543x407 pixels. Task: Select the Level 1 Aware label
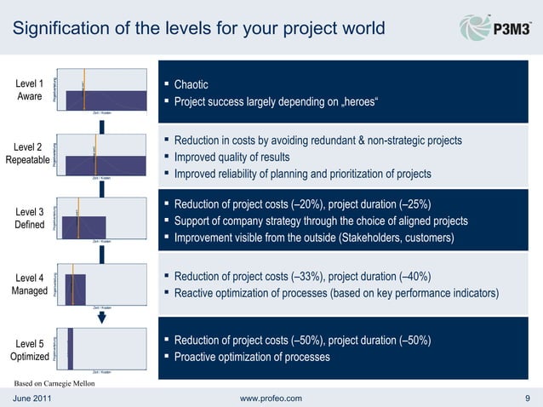[x=30, y=90]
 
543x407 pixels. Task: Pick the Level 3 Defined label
[x=30, y=218]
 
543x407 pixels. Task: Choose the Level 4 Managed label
[x=30, y=284]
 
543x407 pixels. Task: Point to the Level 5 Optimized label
[x=30, y=350]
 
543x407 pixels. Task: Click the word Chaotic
[x=191, y=85]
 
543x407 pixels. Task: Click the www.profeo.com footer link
[x=271, y=398]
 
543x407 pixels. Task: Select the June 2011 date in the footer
[x=31, y=398]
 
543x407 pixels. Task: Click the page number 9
[x=528, y=398]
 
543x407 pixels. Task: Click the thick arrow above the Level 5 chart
[x=101, y=318]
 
